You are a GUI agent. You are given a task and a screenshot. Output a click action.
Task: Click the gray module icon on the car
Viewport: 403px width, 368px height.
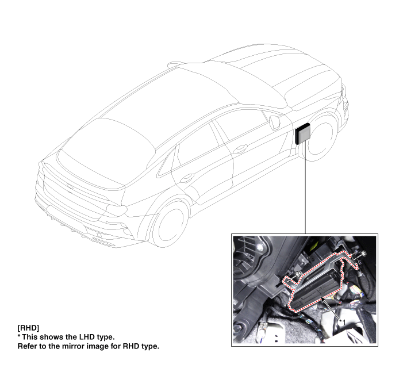point(303,133)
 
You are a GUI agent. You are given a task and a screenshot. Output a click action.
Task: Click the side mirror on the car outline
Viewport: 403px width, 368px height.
point(275,122)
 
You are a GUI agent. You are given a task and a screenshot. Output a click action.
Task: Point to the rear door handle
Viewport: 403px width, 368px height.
point(187,178)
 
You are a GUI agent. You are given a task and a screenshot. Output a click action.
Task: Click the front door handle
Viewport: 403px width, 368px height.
point(240,148)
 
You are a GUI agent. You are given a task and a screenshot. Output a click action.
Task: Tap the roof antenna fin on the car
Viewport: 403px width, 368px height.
point(174,64)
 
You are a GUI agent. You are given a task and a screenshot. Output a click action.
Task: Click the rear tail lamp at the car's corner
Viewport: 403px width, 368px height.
point(117,209)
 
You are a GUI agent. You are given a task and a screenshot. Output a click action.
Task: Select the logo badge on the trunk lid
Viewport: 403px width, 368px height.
point(70,186)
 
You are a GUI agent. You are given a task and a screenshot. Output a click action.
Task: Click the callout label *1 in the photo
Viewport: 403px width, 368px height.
point(342,322)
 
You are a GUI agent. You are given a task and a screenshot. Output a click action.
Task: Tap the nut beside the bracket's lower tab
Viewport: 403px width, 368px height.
point(298,274)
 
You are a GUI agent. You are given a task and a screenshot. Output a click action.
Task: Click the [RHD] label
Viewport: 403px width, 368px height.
point(28,328)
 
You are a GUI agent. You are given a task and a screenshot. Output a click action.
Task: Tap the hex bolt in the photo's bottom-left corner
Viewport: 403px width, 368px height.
point(238,328)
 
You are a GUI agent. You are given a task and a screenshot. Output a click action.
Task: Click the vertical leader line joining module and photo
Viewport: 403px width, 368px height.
point(305,189)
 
